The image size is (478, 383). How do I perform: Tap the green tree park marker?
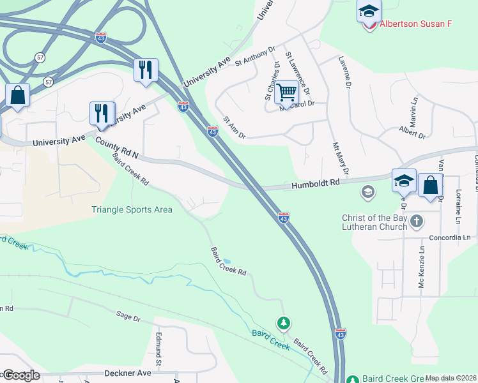tap(283, 323)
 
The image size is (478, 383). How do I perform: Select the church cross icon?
tap(417, 222)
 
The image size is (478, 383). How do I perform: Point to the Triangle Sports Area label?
tap(132, 209)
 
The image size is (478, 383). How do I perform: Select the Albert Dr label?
tap(412, 133)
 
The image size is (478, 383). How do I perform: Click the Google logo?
tap(20, 375)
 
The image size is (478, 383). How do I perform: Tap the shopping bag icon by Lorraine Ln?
tap(431, 185)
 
